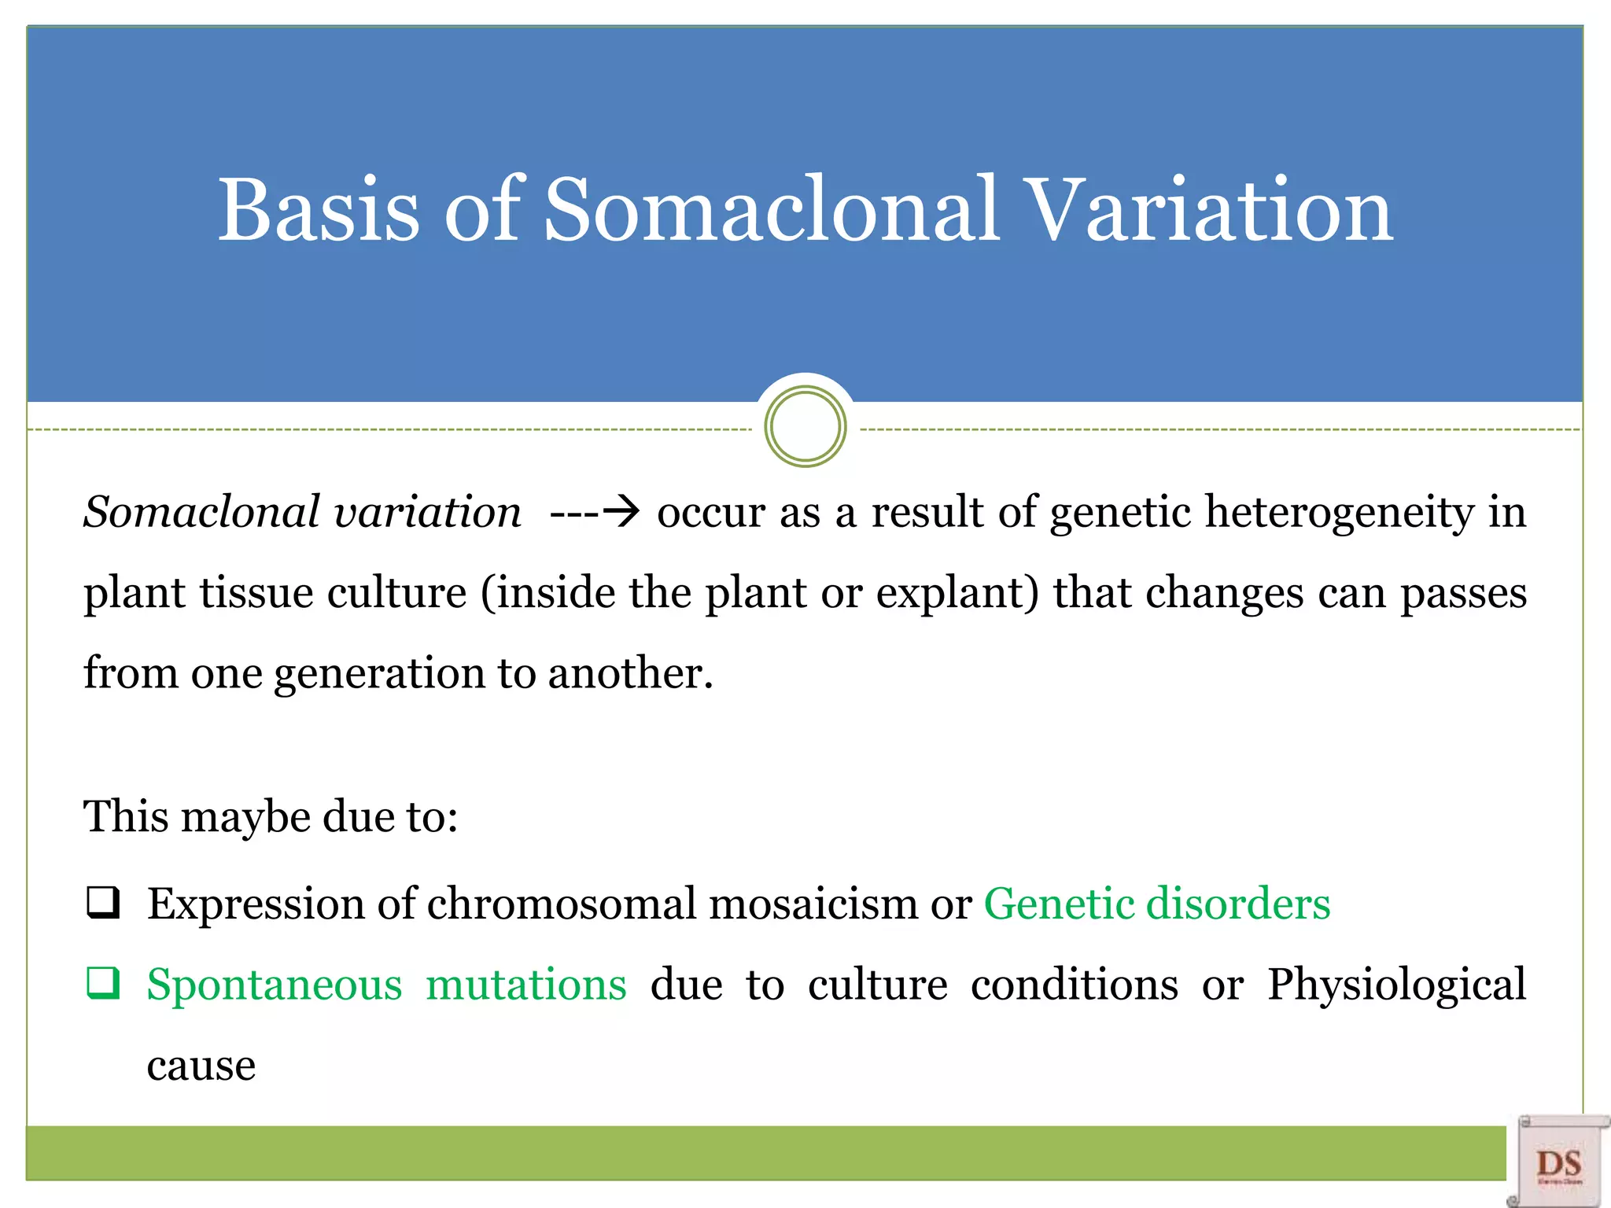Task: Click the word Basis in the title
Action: [x=318, y=210]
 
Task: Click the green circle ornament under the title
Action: [x=805, y=427]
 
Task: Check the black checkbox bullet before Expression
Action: [x=103, y=902]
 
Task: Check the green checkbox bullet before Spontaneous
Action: [x=103, y=983]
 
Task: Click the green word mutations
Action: [x=525, y=985]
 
